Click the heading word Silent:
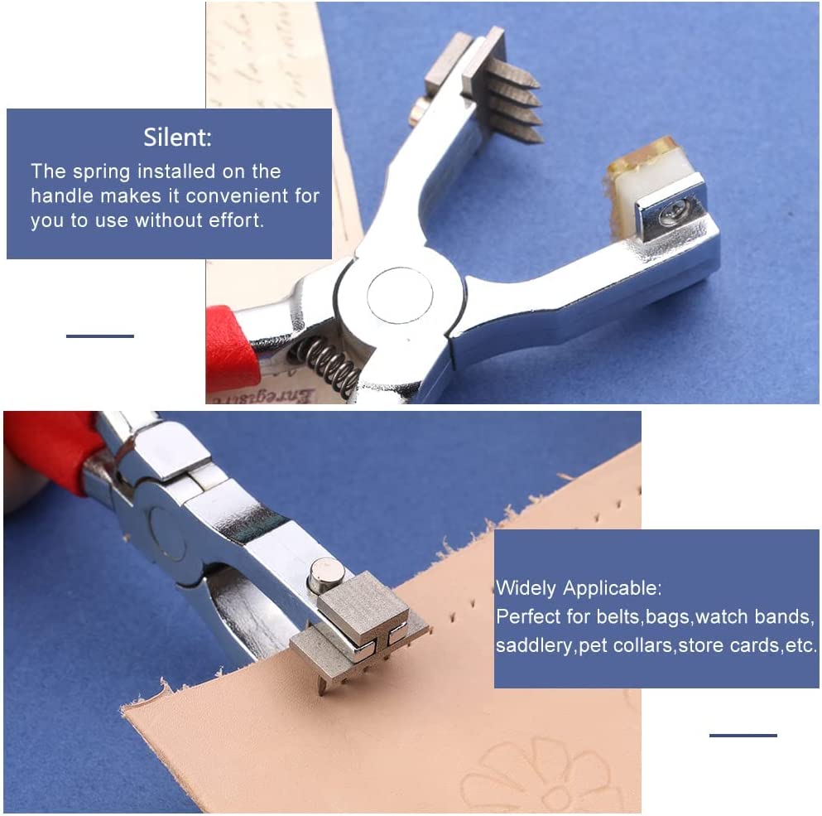[177, 137]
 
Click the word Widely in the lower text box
[526, 589]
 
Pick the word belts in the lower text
[618, 617]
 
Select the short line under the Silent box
[99, 336]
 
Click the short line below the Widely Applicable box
[743, 735]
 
